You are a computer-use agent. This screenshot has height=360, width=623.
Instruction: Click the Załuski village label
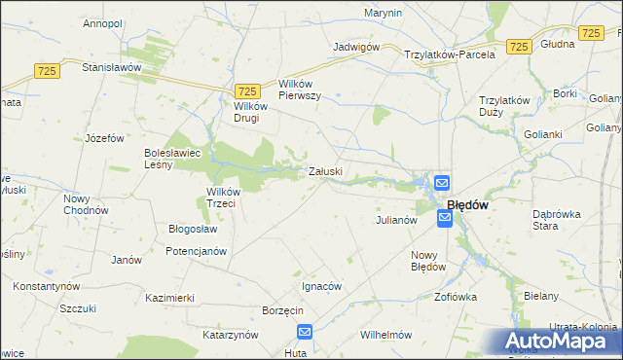click(325, 172)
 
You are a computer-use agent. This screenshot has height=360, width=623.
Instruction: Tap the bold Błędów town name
click(466, 205)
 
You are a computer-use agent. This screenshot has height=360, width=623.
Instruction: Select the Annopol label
click(101, 22)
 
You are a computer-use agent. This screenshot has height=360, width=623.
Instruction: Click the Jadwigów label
click(355, 47)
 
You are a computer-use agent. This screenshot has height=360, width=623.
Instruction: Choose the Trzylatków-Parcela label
click(450, 54)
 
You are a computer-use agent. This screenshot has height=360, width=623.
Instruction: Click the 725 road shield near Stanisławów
click(46, 71)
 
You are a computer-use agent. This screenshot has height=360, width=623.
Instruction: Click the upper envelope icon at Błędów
click(441, 182)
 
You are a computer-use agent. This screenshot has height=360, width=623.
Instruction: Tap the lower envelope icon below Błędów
click(445, 220)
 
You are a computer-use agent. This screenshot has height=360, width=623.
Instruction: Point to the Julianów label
click(396, 220)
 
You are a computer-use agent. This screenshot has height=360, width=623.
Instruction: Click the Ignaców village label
click(320, 287)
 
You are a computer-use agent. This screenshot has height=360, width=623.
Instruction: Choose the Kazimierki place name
click(169, 297)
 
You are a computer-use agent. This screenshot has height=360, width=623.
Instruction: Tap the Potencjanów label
click(196, 251)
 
